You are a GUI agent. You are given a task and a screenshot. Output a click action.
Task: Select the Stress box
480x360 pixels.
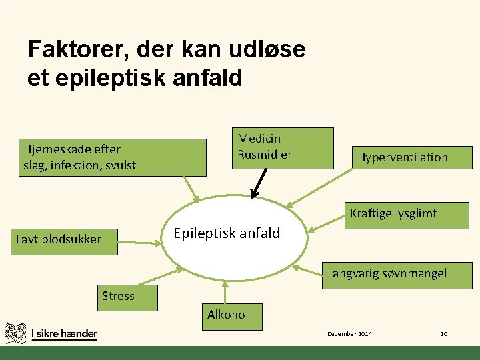(x=127, y=297)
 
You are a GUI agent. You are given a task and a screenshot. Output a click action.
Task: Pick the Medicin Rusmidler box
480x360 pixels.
(x=282, y=147)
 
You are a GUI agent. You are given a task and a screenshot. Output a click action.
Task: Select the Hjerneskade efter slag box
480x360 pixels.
(x=113, y=157)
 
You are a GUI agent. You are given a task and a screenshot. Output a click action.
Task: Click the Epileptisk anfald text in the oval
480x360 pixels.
(x=227, y=234)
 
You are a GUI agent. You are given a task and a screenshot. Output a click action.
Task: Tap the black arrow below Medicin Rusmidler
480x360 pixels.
(x=259, y=183)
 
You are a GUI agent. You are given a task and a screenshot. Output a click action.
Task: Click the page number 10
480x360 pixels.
(x=444, y=333)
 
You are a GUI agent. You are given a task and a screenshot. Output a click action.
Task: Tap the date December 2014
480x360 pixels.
(x=349, y=333)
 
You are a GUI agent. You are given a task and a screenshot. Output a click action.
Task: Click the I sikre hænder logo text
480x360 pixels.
(x=64, y=333)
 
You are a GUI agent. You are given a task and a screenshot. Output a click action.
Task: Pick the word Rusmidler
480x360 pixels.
(x=265, y=155)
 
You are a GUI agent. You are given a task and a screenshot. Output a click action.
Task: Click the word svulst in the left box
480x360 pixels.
(x=121, y=165)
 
